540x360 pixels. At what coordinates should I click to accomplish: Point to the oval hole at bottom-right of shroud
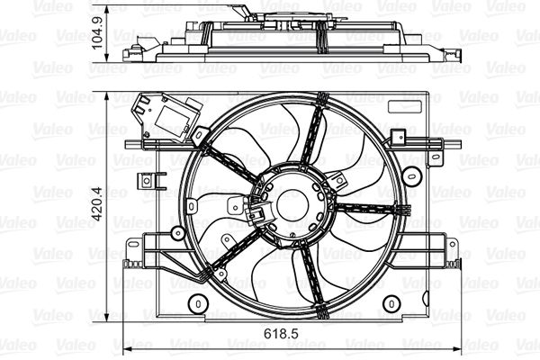(x=389, y=304)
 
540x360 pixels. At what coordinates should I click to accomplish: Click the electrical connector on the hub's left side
(x=256, y=213)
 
